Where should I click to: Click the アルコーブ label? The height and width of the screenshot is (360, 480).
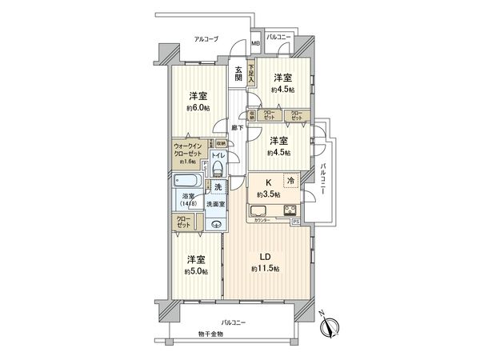(x=205, y=38)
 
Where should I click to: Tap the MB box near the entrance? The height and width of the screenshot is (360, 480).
(x=255, y=44)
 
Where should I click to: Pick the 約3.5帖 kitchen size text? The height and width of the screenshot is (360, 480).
(x=268, y=194)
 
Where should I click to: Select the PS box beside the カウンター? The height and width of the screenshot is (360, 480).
(x=294, y=220)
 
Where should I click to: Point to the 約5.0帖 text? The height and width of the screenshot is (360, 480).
(x=195, y=272)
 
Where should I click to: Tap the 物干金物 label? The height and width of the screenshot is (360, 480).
(x=211, y=332)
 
